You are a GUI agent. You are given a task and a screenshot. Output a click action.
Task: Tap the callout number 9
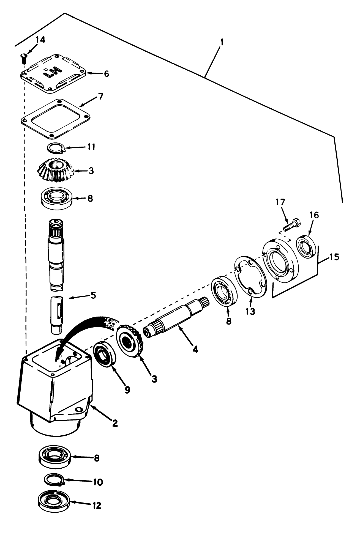[x=127, y=389]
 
